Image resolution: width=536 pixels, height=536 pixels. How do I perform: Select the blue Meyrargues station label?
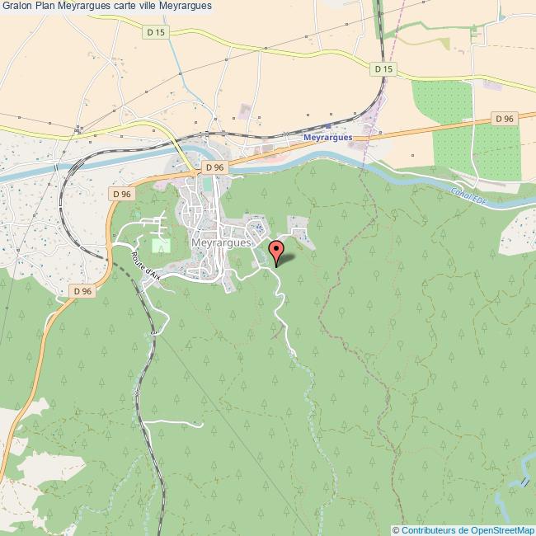[327, 139]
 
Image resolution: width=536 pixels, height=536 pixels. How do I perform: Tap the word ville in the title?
[158, 6]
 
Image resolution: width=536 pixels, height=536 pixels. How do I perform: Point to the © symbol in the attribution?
[397, 529]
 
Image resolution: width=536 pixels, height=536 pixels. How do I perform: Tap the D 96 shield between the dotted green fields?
[505, 119]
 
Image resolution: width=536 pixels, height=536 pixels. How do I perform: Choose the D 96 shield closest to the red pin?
[214, 167]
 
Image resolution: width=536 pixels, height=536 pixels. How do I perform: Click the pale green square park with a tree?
[160, 246]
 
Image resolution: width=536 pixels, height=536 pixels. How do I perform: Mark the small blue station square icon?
[327, 127]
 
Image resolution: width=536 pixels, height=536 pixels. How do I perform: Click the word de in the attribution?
[464, 529]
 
